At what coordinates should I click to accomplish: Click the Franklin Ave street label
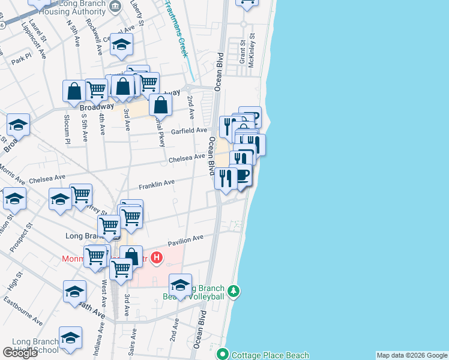coord(157,182)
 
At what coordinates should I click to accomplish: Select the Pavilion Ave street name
coord(185,239)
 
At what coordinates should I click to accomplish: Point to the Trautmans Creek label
coord(176,29)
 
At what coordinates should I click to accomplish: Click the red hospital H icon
coord(156,258)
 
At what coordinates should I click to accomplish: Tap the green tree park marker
coord(234,292)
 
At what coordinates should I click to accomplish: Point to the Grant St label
coord(243,52)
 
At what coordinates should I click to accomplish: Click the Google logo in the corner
coord(20,353)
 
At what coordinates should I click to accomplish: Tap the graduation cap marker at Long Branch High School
coord(70,337)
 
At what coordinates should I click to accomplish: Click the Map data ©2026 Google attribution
coord(412,355)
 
